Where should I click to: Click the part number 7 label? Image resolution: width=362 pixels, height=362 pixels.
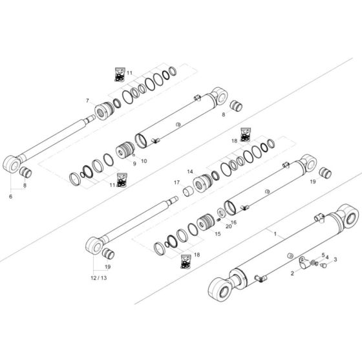coord(87,101)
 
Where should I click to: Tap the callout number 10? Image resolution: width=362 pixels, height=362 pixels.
coord(144,160)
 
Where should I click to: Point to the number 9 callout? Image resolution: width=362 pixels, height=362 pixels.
coord(134,164)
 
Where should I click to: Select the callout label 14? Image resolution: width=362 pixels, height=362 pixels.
coord(190,171)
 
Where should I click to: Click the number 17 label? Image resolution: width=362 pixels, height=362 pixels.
coord(176,182)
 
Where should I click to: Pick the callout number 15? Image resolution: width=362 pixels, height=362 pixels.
coord(217,233)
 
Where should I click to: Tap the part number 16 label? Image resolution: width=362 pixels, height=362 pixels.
coord(234,222)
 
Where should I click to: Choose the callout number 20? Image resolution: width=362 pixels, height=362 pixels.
coord(228,226)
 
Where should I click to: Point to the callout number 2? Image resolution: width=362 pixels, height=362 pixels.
coord(292,273)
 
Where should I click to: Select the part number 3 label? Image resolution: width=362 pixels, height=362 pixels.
coord(335,260)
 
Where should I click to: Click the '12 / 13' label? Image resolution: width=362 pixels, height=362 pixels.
coord(99,277)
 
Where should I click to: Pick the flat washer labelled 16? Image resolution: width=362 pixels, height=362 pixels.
coord(222,212)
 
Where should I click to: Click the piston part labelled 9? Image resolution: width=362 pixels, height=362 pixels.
coord(125,153)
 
